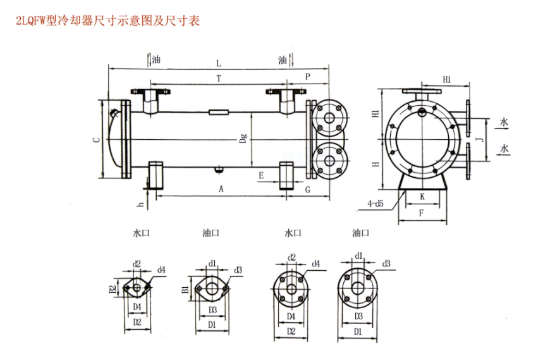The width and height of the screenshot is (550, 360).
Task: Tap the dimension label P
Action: pyautogui.click(x=308, y=77)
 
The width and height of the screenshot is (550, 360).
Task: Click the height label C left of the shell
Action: pyautogui.click(x=95, y=140)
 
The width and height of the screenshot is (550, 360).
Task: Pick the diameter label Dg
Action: pyautogui.click(x=243, y=139)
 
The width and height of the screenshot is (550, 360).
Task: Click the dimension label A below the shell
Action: pyautogui.click(x=221, y=189)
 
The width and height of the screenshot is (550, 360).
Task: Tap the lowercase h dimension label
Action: pyautogui.click(x=140, y=204)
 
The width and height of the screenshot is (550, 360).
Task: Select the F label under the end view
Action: pyautogui.click(x=421, y=214)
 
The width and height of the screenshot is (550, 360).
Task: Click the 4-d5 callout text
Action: pyautogui.click(x=376, y=204)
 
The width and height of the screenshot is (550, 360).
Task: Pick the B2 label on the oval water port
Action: pyautogui.click(x=113, y=289)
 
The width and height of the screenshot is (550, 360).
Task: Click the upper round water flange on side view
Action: pyautogui.click(x=329, y=118)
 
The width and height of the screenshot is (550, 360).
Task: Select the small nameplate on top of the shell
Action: pyautogui.click(x=219, y=113)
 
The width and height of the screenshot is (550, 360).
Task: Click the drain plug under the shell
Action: pyautogui.click(x=218, y=170)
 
